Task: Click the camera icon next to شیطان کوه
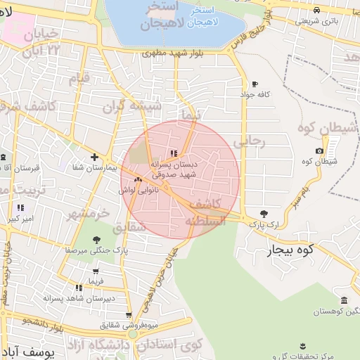320,151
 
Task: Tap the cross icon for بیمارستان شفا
94,157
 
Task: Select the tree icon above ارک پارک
264,213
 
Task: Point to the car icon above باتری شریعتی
317,10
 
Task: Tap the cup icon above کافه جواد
255,84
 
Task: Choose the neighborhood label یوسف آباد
28,349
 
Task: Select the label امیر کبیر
22,219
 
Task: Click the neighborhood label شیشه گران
132,106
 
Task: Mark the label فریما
96,281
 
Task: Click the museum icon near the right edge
344,300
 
